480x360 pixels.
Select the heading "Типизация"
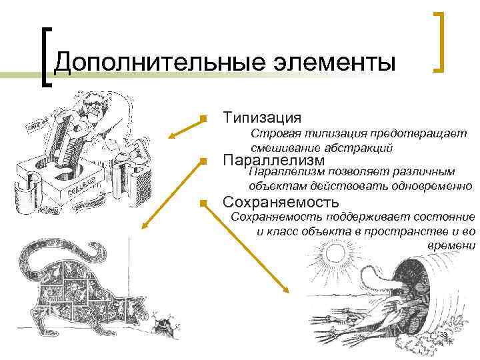point(262,117)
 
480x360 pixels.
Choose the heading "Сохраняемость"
point(281,201)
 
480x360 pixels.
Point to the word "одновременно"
point(433,186)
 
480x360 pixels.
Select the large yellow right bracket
point(441,41)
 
